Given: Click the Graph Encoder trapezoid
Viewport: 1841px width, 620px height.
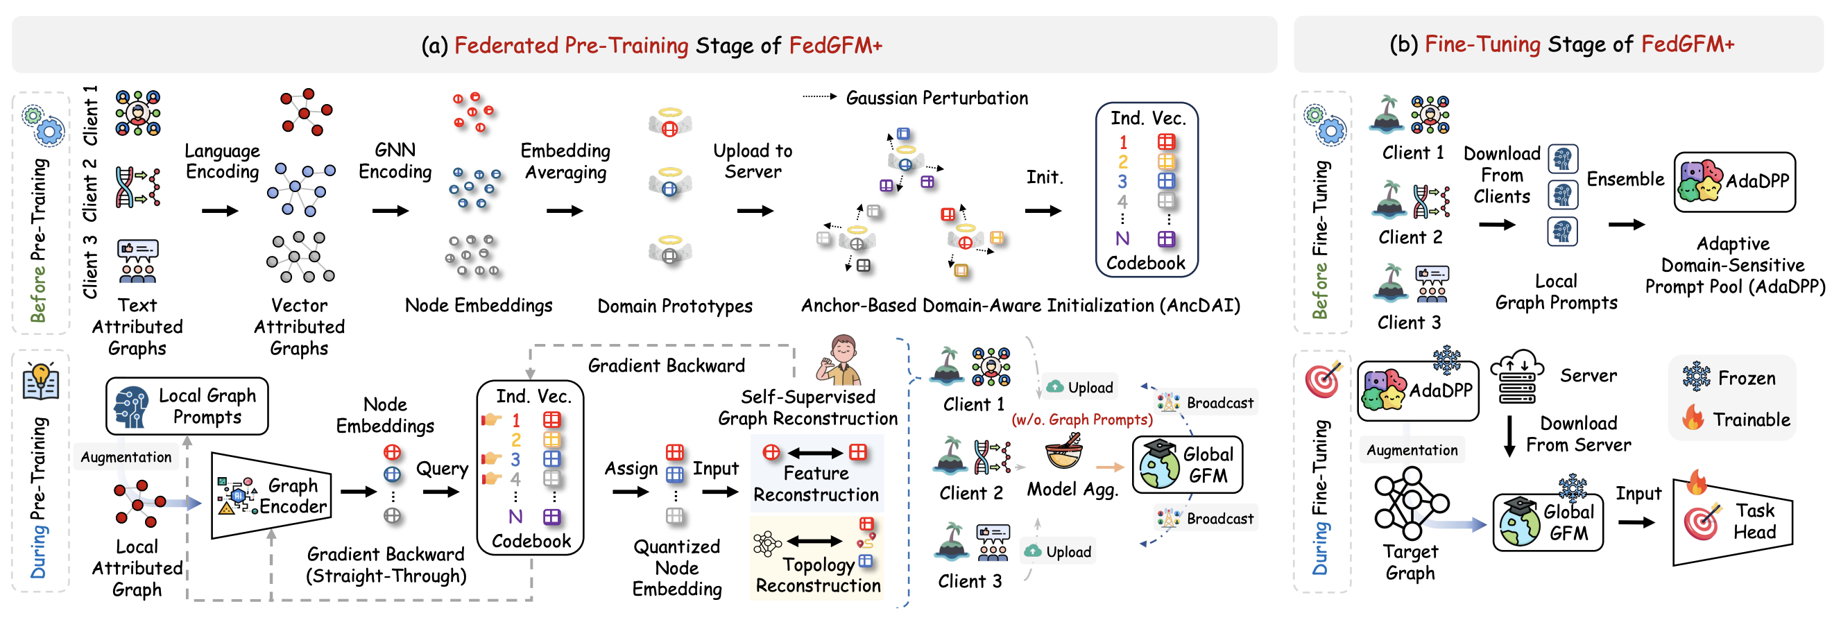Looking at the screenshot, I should tap(272, 495).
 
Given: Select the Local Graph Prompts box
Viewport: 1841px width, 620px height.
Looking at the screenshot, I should tap(187, 406).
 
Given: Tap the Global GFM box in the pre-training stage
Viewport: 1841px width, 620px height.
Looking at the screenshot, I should tap(1188, 464).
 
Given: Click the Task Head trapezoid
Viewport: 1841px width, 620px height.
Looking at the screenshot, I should tap(1732, 522).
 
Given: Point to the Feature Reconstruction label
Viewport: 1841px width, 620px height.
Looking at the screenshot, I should tap(816, 483).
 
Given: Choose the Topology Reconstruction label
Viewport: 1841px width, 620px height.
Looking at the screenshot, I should tap(818, 575).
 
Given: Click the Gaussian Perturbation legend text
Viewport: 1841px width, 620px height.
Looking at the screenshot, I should tap(936, 98).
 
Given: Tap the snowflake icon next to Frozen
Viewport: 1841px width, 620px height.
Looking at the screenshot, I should tap(1696, 377).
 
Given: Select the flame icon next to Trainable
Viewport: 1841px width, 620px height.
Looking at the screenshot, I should tap(1693, 418).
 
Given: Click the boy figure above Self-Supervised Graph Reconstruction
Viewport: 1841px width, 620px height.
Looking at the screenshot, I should tap(842, 360).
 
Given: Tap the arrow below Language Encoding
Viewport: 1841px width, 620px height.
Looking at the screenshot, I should tap(219, 211).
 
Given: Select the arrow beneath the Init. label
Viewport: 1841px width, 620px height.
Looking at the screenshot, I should tap(1043, 211).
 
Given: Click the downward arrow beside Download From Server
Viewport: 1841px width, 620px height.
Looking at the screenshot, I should tap(1509, 436).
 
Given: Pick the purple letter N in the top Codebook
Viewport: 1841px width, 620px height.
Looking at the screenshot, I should tap(1122, 239).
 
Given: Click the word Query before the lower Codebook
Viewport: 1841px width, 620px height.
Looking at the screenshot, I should tap(442, 469).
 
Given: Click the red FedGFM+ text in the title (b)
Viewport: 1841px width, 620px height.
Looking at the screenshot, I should tap(1687, 44).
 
